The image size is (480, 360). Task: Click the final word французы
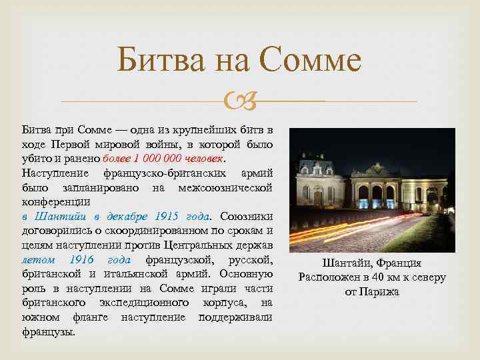click(49, 331)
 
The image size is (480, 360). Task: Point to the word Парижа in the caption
click(380, 292)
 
